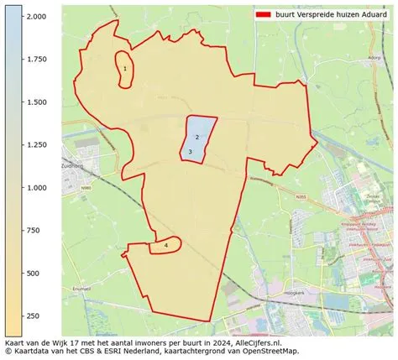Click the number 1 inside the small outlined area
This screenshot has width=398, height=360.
coord(125,69)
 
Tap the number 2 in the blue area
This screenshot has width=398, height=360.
coord(196,137)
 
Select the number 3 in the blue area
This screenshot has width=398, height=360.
coord(191,152)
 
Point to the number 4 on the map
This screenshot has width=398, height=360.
coord(166,245)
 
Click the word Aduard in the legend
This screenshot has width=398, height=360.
coord(371,14)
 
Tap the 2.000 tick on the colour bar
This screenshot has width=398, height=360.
coord(36,17)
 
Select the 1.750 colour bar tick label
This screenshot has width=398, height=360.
coord(36,60)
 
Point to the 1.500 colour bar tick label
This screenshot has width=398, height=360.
coord(36,102)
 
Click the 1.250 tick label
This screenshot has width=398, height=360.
coord(36,145)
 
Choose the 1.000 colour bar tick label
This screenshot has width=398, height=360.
coord(36,188)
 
